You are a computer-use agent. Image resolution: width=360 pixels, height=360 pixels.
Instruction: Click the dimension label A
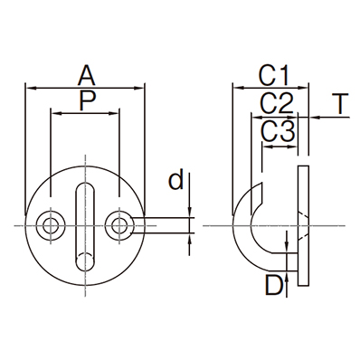pyautogui.click(x=87, y=76)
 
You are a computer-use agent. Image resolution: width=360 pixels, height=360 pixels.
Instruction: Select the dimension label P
pyautogui.click(x=88, y=100)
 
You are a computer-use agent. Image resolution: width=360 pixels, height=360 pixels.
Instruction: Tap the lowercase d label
pyautogui.click(x=175, y=179)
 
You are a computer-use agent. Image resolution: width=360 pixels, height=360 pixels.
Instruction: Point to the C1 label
pyautogui.click(x=273, y=75)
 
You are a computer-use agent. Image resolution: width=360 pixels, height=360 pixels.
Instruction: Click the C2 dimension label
pyautogui.click(x=277, y=103)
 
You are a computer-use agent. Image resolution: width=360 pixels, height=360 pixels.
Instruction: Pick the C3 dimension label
pyautogui.click(x=278, y=132)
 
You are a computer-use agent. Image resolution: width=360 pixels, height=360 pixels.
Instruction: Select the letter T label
pyautogui.click(x=340, y=103)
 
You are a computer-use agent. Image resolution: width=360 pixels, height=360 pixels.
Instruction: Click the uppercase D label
pyautogui.click(x=274, y=285)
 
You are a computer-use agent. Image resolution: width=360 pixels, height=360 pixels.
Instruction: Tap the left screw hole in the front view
pyautogui.click(x=51, y=225)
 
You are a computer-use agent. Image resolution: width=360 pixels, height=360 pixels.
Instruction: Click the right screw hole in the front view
pyautogui.click(x=119, y=225)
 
